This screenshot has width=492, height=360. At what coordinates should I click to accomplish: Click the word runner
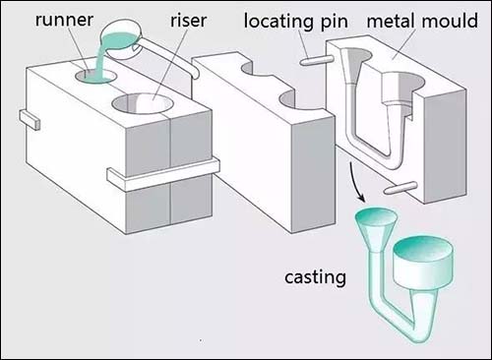coord(64,20)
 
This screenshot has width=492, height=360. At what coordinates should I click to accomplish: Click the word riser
coord(188,21)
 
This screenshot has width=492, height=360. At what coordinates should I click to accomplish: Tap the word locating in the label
coord(279,22)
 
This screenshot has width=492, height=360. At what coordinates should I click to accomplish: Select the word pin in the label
coord(335,22)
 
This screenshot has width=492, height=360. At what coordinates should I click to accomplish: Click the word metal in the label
coord(392,21)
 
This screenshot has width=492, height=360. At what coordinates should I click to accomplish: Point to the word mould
coord(450,21)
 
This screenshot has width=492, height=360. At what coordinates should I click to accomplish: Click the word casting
coord(315,277)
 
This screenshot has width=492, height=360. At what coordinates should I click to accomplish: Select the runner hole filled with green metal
coord(95,76)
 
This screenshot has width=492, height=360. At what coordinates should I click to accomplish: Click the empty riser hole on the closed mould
coord(142,103)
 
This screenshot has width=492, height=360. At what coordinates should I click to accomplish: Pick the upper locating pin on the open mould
coord(317,61)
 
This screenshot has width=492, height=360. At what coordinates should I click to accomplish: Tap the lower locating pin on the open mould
coord(400,188)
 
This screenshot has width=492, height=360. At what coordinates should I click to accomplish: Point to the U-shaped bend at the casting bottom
coord(416,331)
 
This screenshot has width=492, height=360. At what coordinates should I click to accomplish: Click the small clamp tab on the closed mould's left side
coord(30,120)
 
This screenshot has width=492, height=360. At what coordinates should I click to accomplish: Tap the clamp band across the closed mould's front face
coord(163,174)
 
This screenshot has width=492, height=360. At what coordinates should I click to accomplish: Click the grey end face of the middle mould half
coord(313,174)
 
